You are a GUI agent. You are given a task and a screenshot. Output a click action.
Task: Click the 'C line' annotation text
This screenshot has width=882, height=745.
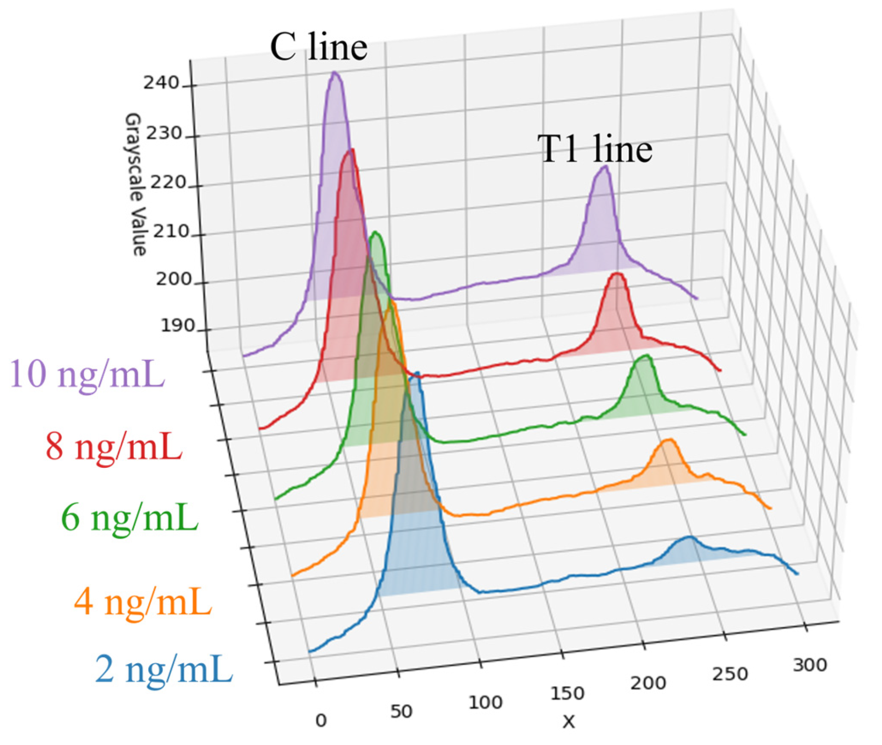tap(318, 47)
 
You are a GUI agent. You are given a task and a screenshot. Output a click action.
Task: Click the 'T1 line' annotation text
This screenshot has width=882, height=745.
tap(595, 149)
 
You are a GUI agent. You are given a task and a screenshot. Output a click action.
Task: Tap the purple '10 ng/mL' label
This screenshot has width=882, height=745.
tap(86, 374)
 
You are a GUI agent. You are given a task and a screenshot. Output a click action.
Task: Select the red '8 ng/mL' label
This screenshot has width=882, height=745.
tap(114, 446)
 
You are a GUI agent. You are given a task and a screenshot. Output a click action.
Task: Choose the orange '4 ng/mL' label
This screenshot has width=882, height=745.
tap(143, 602)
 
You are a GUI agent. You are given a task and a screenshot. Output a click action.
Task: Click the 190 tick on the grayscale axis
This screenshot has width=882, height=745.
tap(178, 326)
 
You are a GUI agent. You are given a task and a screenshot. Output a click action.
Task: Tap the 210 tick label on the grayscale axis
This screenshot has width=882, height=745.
tap(170, 232)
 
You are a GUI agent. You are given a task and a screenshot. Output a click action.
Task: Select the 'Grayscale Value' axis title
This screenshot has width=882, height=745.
tap(136, 184)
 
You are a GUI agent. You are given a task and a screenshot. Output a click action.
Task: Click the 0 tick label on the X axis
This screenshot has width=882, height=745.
tap(321, 720)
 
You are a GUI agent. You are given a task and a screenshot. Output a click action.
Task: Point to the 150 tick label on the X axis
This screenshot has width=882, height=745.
tap(567, 693)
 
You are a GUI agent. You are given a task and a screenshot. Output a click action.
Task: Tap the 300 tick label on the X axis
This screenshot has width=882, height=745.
tap(810, 665)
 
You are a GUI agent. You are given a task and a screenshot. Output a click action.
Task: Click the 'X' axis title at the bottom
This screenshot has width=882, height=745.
tap(569, 721)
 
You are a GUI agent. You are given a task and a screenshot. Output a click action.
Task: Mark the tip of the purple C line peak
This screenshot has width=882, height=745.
tap(335, 73)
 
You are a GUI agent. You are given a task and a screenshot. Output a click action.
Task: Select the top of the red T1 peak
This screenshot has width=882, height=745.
tap(617, 274)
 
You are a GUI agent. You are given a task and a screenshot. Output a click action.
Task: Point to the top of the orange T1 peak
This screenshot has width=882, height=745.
tap(669, 440)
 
